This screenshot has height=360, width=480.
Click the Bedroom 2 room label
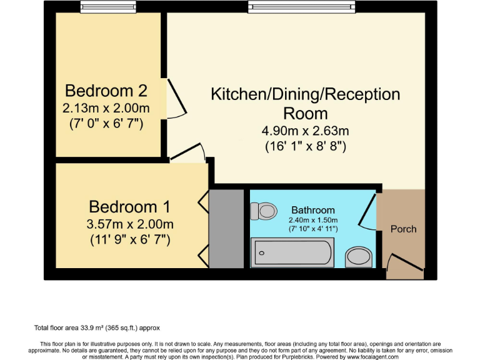click(x=106, y=91)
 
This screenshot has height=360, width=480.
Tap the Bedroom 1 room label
click(x=130, y=206)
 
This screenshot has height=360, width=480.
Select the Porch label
click(x=403, y=229)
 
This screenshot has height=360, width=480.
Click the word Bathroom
click(x=313, y=210)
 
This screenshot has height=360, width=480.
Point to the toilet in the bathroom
click(x=264, y=211)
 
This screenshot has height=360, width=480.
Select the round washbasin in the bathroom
click(x=359, y=255)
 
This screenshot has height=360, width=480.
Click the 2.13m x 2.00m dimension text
click(x=106, y=107)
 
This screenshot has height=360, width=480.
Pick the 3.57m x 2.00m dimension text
click(x=130, y=224)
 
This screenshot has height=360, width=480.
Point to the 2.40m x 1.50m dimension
click(x=313, y=220)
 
